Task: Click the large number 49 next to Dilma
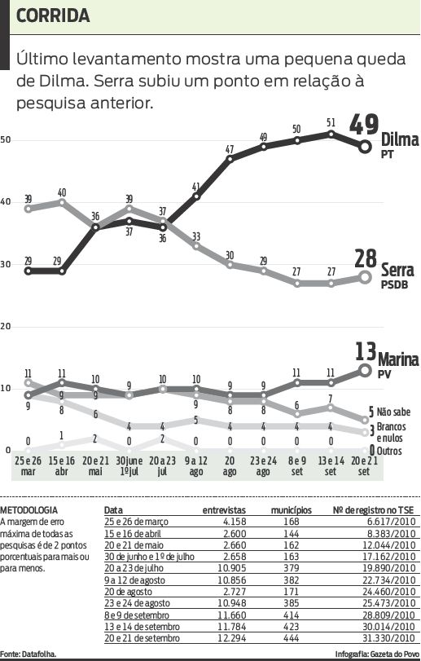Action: click(364, 126)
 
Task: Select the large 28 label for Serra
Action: click(365, 260)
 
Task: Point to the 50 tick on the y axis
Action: click(6, 140)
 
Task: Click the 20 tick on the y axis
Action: click(6, 326)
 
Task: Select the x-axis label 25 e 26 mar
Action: click(29, 465)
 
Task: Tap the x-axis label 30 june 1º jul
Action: click(129, 465)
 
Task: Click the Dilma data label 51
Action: click(331, 123)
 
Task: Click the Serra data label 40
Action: click(62, 193)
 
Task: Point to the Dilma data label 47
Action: click(230, 149)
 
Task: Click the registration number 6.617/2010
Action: click(391, 521)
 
